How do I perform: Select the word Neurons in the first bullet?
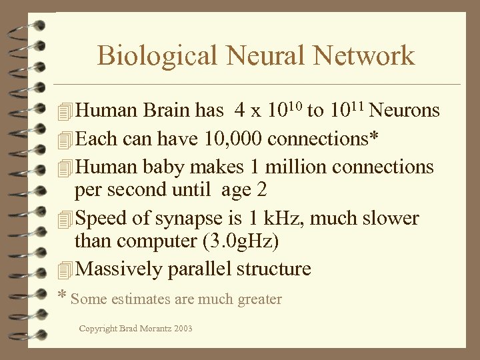405,111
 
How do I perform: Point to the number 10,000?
239,139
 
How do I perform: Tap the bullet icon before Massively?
65,270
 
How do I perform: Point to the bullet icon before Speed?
65,219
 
